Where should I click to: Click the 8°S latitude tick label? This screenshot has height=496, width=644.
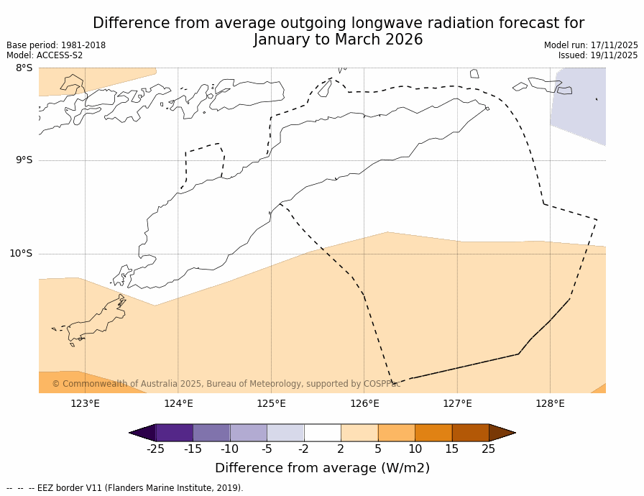click(24, 68)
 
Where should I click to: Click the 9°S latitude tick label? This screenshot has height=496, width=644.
click(24, 160)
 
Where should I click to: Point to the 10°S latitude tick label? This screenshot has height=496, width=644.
click(21, 253)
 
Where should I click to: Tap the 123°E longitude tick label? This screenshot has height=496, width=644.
click(85, 403)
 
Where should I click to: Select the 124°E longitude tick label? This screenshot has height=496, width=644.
click(178, 403)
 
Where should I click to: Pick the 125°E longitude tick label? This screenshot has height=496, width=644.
click(271, 403)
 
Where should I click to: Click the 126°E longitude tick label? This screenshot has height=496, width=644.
click(364, 403)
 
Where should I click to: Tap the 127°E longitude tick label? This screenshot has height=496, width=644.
click(457, 403)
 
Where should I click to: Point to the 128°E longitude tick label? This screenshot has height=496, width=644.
click(550, 403)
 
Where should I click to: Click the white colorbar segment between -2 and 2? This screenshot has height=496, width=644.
click(322, 432)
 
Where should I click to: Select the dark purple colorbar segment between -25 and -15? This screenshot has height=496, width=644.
click(174, 432)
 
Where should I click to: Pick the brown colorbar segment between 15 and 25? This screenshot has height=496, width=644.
click(470, 432)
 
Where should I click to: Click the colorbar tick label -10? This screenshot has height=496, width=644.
click(229, 449)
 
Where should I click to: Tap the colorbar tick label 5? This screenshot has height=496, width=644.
click(377, 449)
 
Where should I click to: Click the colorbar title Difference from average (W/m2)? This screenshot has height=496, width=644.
click(322, 468)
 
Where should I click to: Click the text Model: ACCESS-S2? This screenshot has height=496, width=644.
click(45, 55)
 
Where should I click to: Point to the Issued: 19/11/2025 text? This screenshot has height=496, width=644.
click(598, 55)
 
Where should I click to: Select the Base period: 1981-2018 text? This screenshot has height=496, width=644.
click(56, 45)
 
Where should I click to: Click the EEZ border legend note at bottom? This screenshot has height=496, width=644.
click(125, 488)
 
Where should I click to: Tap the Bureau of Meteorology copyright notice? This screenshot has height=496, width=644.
click(226, 384)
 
